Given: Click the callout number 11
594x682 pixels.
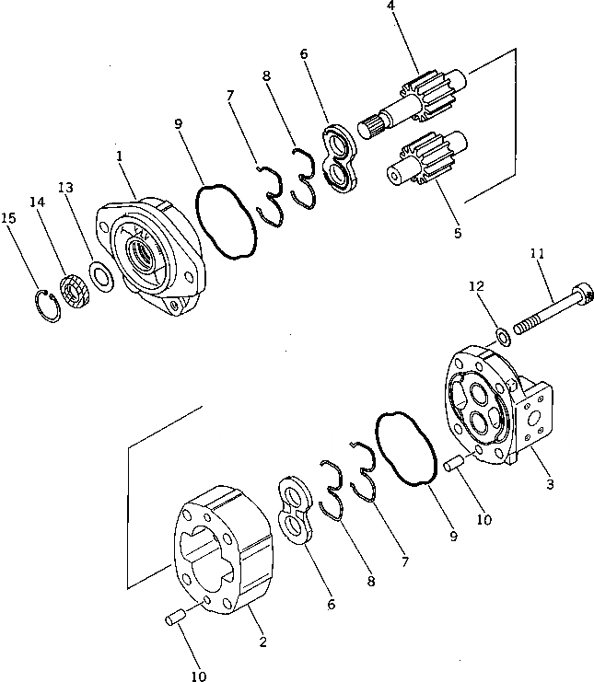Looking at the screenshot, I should coord(537,252).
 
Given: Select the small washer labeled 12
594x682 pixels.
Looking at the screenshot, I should coord(503,332).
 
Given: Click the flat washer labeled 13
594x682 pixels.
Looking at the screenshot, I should coord(101,274).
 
